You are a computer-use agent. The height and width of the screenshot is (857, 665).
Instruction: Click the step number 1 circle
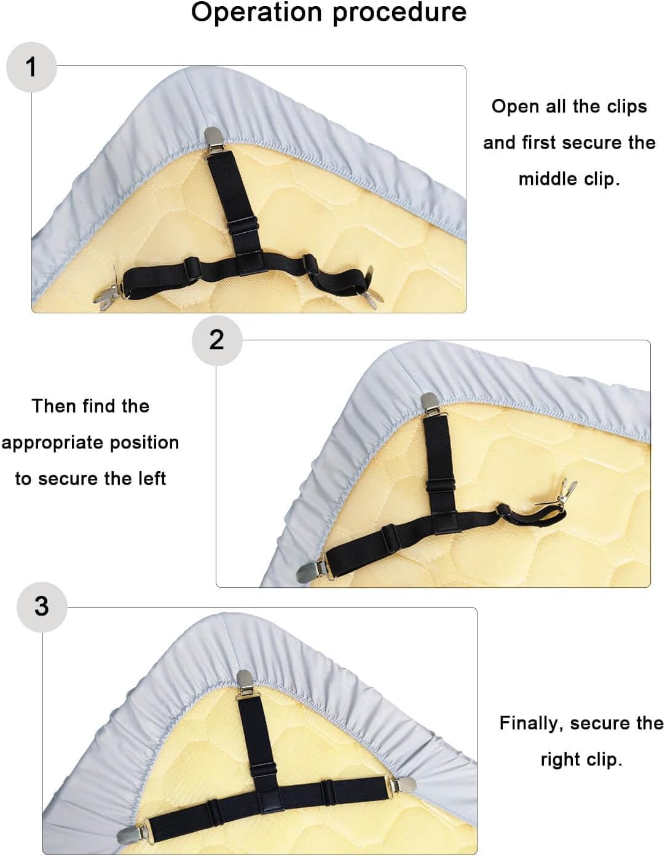[x=31, y=67]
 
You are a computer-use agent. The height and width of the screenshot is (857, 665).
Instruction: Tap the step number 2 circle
[x=217, y=340]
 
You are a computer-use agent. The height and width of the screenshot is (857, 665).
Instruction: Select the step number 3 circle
[x=42, y=607]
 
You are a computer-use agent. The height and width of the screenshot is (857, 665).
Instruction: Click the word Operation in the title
[x=256, y=13]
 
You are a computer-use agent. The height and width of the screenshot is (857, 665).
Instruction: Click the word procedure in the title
[x=399, y=14]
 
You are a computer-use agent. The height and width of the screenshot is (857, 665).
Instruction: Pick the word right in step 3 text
[x=560, y=760]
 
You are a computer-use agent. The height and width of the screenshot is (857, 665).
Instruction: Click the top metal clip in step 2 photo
[x=429, y=405]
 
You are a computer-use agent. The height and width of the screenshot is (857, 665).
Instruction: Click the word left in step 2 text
[x=152, y=479]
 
